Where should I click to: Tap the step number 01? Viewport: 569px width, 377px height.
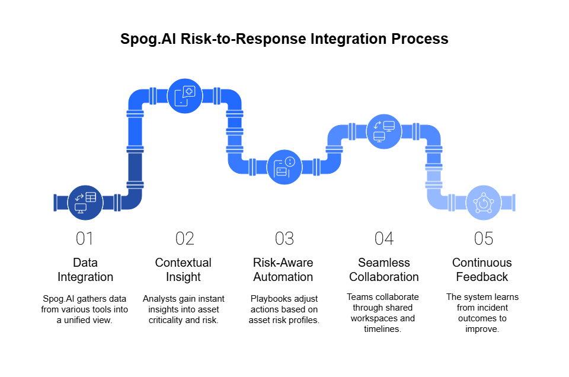85,239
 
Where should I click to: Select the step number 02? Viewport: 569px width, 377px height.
184,239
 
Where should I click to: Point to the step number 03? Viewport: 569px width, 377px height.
284,239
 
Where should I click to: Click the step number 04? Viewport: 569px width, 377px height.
384,239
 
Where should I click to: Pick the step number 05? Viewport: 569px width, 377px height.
484,239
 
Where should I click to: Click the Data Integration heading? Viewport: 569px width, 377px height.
85,270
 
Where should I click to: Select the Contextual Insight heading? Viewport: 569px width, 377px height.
183,270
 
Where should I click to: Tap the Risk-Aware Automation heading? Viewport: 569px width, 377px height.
283,270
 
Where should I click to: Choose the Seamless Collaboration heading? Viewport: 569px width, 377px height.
384,270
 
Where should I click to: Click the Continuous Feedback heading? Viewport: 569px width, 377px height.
482,270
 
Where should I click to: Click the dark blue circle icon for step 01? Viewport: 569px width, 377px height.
85,203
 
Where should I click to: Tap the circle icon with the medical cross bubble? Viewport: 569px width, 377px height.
185,96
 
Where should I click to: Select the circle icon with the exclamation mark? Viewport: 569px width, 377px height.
284,167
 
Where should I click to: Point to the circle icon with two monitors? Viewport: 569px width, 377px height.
384,132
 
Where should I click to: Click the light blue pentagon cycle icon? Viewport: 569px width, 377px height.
484,203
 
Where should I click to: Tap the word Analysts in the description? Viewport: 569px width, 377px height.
158,299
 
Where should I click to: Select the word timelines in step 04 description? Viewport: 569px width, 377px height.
382,329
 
